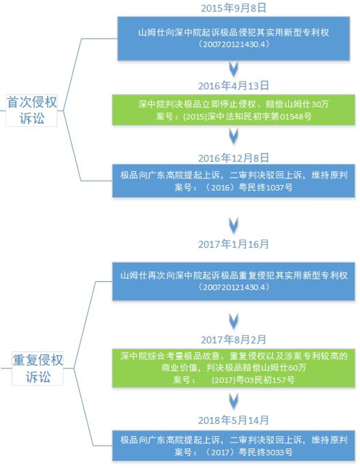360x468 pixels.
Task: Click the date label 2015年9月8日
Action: click(x=234, y=8)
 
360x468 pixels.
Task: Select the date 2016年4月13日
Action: click(x=234, y=86)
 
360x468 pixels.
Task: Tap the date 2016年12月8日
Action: click(x=234, y=158)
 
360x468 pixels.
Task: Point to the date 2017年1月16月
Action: click(x=234, y=244)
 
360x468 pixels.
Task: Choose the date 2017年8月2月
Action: click(x=234, y=339)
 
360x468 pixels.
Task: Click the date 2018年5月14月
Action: click(x=234, y=420)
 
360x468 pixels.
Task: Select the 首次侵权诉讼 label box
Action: click(x=31, y=110)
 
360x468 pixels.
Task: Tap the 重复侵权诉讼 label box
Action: click(x=38, y=369)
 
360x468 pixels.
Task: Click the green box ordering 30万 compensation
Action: click(x=234, y=110)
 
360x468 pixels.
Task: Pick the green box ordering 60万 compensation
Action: click(x=234, y=368)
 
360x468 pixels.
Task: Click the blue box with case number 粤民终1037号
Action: click(x=234, y=181)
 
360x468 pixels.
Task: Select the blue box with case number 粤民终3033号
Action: click(x=234, y=446)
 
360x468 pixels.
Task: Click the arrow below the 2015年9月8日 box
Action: click(x=234, y=69)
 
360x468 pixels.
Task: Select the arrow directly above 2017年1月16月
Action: click(x=234, y=225)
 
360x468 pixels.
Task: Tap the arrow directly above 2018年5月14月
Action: click(x=234, y=401)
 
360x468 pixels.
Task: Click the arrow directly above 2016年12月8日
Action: click(x=234, y=136)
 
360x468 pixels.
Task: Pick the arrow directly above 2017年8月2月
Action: click(x=234, y=321)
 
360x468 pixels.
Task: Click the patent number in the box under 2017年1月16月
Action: click(x=234, y=287)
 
